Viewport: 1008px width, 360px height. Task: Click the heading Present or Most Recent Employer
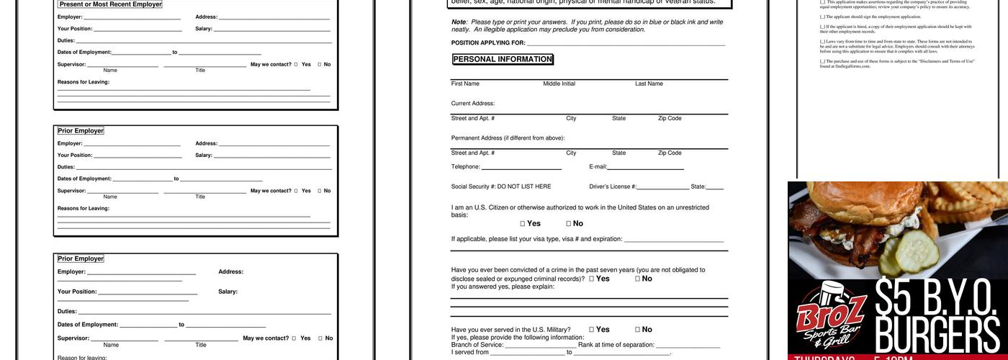(110, 4)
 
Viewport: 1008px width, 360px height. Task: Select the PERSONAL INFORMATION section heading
(503, 59)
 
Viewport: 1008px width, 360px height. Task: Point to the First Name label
(465, 84)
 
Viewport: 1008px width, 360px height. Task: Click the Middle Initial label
(559, 84)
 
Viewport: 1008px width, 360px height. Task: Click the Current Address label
(473, 104)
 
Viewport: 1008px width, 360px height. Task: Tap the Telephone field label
(466, 167)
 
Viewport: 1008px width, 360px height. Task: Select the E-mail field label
(598, 167)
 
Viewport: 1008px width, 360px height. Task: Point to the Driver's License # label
(613, 186)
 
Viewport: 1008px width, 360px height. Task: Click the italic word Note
(459, 22)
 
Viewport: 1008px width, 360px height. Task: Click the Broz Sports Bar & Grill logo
(830, 317)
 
